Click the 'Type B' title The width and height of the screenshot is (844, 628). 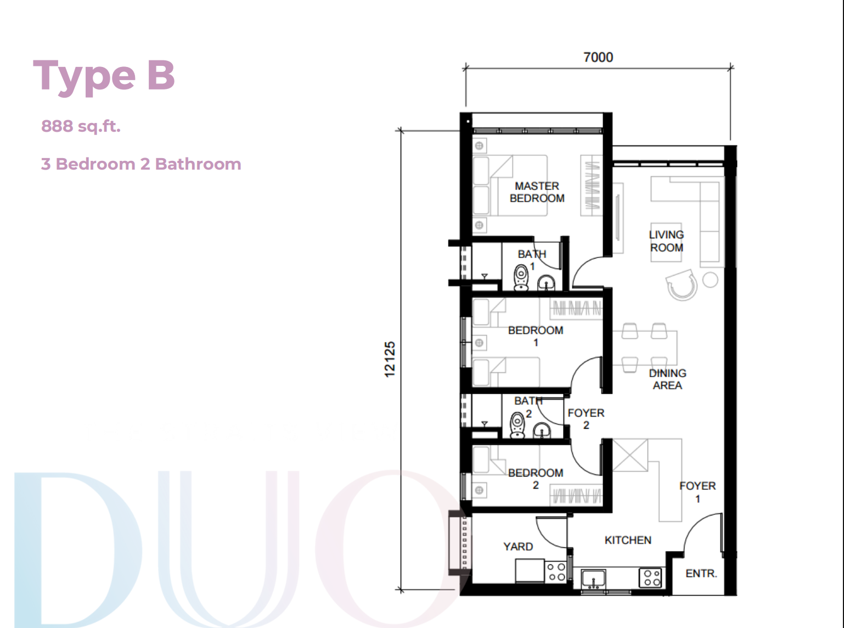[104, 77]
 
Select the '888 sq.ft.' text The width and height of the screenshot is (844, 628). [81, 126]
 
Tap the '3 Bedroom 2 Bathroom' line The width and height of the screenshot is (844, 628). [141, 164]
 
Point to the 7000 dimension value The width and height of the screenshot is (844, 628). [598, 57]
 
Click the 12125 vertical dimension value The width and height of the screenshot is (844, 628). [390, 360]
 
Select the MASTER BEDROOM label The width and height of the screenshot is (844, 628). [537, 192]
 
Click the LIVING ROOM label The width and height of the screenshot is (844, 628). [666, 242]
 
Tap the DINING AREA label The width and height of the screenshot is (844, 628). [667, 379]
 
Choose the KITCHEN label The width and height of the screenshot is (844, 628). [628, 540]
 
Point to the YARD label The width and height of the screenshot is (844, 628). [518, 547]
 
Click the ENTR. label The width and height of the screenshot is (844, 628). [701, 574]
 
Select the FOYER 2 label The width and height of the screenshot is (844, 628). [586, 419]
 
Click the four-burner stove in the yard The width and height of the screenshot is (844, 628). [556, 572]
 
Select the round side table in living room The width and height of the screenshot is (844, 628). [710, 280]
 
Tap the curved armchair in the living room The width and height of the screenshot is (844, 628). [682, 285]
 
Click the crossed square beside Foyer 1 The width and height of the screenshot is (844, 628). [630, 455]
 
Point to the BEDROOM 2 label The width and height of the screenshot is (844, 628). [536, 479]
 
